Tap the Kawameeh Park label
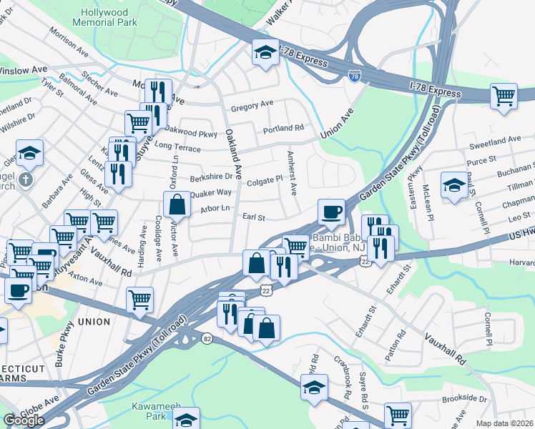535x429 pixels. pos(149,412)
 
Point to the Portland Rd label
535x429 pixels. pos(283,129)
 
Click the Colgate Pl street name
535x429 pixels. pos(265,181)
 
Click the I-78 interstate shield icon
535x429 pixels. pos(354,74)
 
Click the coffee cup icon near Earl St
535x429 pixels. pos(331,211)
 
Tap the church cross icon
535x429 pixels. pos(25,180)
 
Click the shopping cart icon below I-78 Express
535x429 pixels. pos(504,95)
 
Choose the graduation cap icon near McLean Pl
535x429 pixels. pos(453,185)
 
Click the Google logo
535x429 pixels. pos(24,420)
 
